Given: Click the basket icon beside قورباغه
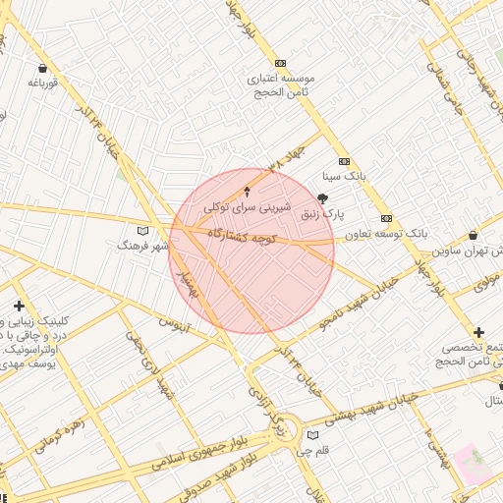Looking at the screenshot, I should click(43, 68).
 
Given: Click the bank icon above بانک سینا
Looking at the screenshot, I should click(344, 161).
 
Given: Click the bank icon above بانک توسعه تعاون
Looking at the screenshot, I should click(387, 218).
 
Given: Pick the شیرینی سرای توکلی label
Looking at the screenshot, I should click(236, 207).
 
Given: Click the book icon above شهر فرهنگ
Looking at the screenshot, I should click(144, 230).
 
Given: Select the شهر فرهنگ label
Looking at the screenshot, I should click(143, 245).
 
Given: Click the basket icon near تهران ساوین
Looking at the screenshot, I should click(475, 236).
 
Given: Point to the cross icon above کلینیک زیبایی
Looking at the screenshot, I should click(19, 307).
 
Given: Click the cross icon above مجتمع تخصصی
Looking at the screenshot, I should click(478, 333).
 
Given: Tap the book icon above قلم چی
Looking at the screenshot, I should click(312, 435).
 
